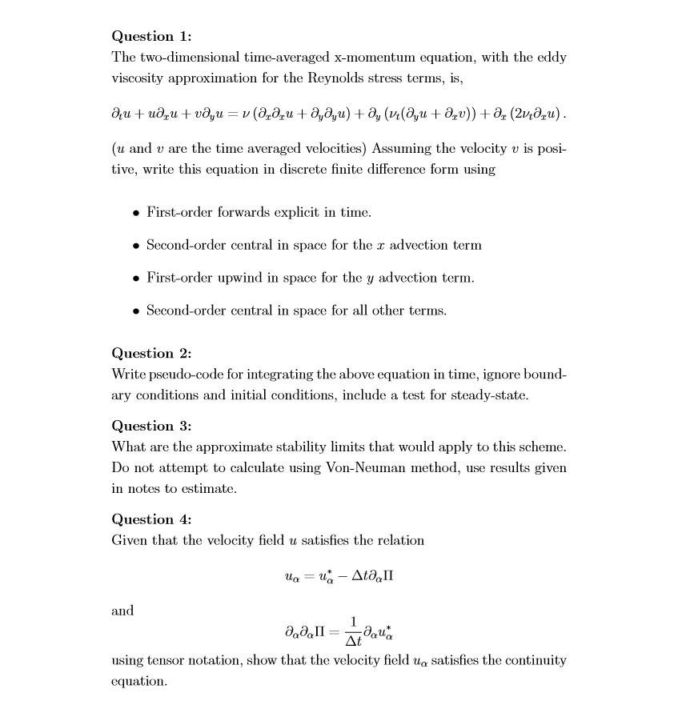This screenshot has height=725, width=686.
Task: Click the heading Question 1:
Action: point(151,36)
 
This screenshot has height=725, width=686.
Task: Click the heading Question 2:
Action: point(151,353)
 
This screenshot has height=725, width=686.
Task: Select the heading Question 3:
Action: point(151,426)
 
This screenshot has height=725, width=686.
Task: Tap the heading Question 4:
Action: point(151,519)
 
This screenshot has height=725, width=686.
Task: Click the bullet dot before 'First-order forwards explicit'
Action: point(137,213)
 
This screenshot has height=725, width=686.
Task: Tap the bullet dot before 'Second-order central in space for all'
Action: point(137,310)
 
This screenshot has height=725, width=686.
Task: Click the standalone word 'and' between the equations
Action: point(122,611)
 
